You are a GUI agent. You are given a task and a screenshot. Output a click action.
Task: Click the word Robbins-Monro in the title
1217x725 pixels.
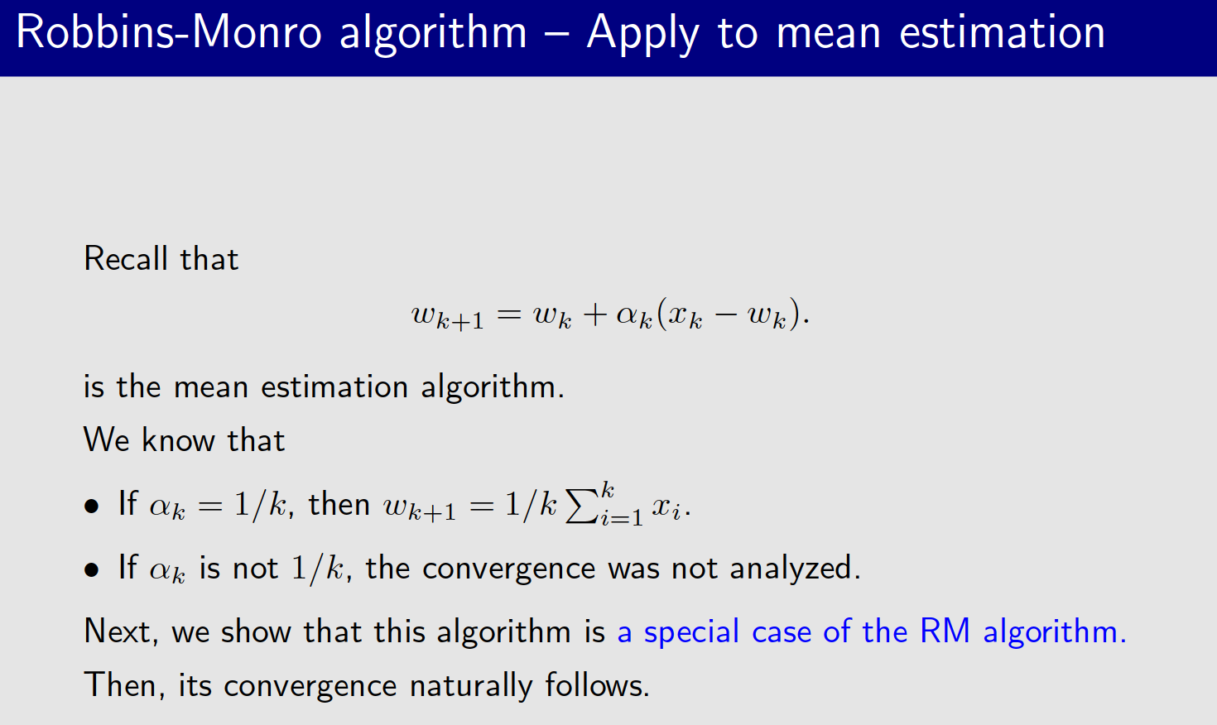168,33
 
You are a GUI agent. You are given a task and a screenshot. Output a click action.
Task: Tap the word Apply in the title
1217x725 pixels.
642,35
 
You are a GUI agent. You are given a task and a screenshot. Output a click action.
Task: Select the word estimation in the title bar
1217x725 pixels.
1002,33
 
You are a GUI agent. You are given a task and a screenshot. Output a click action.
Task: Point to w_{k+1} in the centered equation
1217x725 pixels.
448,316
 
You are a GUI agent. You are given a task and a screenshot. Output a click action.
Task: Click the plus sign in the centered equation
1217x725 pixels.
594,314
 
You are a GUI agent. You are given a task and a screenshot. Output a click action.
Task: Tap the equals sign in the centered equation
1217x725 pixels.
509,314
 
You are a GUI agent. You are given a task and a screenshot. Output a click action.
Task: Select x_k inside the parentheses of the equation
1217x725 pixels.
684,315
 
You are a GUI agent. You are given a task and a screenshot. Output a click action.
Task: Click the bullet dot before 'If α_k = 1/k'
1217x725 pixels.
92,506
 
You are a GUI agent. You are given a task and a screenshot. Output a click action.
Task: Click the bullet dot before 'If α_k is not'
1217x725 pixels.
92,569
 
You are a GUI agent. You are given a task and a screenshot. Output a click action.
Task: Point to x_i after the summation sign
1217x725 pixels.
666,507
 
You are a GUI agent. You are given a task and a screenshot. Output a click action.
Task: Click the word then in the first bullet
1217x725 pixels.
339,504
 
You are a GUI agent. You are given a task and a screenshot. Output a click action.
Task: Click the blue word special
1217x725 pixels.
691,632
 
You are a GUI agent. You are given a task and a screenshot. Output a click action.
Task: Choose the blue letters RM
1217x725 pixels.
945,631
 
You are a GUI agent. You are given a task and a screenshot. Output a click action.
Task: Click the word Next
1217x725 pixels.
117,632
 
